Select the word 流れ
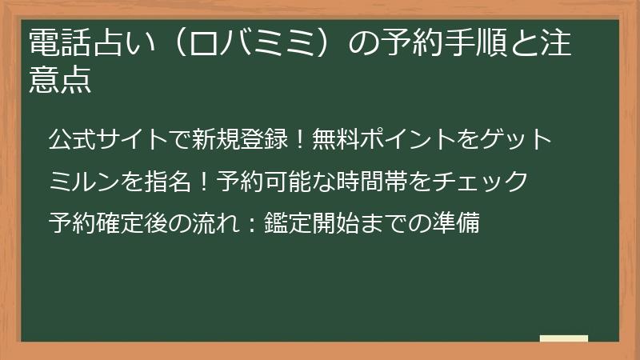(218, 222)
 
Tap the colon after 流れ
(250, 222)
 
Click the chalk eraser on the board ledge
(563, 338)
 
